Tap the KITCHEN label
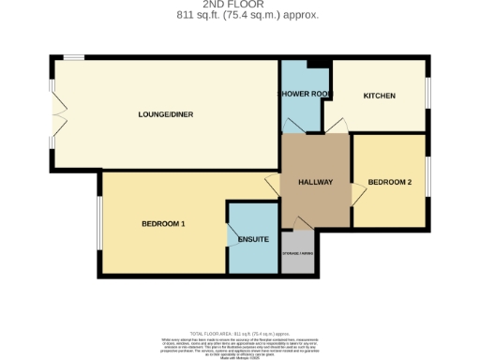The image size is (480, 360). point(380,96)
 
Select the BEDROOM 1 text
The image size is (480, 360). point(163,223)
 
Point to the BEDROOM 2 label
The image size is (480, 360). point(389,181)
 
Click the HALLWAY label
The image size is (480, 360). point(315,181)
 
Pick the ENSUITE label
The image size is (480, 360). point(253,240)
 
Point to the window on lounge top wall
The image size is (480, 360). point(75,58)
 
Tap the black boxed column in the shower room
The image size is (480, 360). point(320,63)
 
